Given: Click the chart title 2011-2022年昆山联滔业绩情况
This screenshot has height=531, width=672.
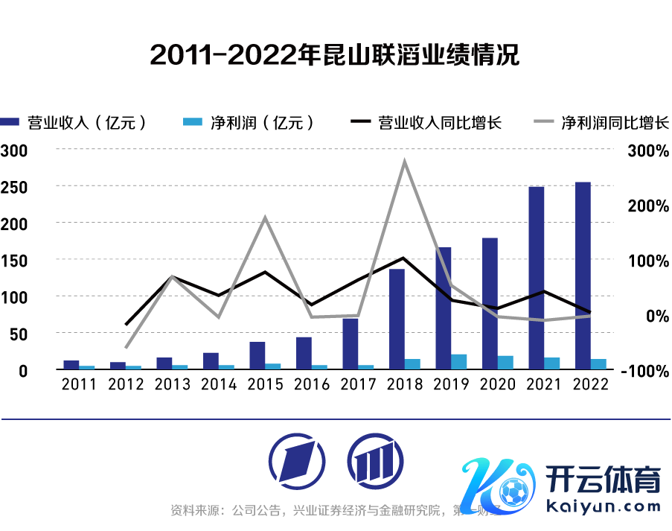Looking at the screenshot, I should [335, 54].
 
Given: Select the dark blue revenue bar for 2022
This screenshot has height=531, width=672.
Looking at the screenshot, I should [583, 276].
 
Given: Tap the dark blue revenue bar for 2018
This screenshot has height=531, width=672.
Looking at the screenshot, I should [397, 319].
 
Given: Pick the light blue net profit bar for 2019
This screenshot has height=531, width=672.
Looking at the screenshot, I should [459, 361].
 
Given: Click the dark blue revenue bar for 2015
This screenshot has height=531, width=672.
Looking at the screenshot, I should [257, 355].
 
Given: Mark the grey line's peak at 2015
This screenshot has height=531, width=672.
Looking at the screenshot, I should [265, 217].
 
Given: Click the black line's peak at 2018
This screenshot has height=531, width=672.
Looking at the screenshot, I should [403, 258].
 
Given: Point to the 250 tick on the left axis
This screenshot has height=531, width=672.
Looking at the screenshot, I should [15, 186].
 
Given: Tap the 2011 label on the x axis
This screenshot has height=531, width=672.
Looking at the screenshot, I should [79, 384].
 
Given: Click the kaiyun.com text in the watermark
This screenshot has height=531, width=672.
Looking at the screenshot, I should [604, 506].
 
